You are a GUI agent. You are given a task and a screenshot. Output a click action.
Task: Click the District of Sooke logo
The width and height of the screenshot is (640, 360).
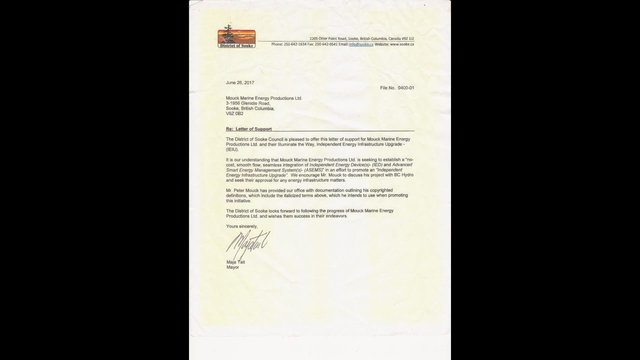236,37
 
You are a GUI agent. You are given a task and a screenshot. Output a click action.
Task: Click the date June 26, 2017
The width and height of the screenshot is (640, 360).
240,82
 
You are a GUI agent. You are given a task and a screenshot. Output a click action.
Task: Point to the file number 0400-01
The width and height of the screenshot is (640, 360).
405,88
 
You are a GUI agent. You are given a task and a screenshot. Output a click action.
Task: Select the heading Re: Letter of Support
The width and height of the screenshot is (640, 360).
249,129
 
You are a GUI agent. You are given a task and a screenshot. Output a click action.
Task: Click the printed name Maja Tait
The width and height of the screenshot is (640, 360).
235,262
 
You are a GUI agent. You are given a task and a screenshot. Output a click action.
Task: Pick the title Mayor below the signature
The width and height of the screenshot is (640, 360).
232,267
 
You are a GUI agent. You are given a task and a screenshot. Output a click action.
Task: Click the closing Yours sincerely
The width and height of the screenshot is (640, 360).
242,226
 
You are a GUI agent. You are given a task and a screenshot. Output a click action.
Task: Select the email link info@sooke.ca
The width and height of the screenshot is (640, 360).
361,44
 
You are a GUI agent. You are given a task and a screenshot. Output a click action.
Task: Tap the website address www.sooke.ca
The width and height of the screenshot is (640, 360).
401,44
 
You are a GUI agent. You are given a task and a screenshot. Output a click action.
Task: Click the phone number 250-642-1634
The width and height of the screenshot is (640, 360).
295,44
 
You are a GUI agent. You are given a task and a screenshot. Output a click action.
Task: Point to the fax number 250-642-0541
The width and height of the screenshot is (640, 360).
326,44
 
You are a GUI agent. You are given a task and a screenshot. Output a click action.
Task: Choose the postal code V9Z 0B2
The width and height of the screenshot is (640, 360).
234,113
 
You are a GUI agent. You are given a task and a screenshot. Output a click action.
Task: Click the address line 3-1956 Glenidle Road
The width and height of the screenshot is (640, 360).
248,103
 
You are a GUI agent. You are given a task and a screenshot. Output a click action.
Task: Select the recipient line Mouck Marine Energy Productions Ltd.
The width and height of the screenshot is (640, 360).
264,98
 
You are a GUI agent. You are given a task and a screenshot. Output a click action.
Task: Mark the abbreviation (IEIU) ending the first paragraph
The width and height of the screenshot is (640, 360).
232,149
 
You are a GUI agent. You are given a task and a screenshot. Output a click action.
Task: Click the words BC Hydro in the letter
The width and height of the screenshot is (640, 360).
402,175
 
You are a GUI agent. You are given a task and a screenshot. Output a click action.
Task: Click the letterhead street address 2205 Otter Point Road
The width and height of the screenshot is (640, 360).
331,38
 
